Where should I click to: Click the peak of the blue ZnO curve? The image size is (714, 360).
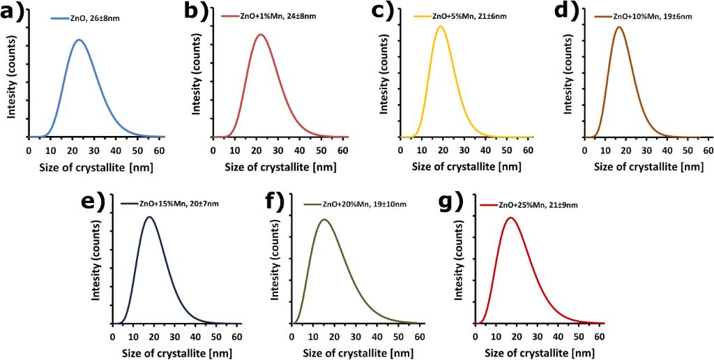(79, 40)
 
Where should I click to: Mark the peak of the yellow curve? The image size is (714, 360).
(440, 27)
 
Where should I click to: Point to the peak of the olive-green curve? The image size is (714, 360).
(324, 220)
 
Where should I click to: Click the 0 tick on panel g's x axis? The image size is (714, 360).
(475, 336)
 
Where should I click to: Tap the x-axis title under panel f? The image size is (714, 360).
(356, 352)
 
